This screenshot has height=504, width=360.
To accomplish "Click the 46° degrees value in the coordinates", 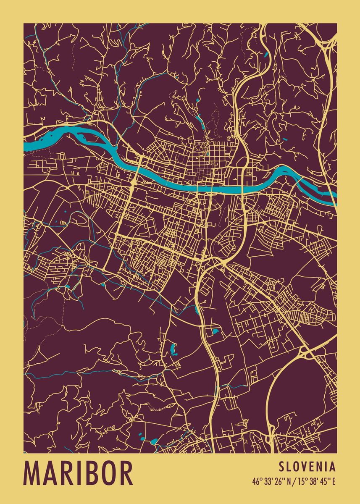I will click(x=257, y=481).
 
